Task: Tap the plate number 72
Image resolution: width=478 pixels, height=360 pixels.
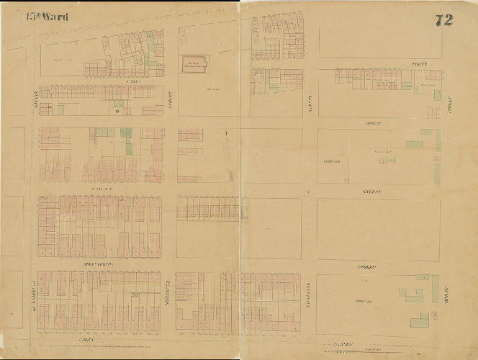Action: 443,20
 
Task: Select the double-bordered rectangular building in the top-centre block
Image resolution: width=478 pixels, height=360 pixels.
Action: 193,64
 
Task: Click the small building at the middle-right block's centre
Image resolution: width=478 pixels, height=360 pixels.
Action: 387,160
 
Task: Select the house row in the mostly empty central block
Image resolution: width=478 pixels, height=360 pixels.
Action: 212,210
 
